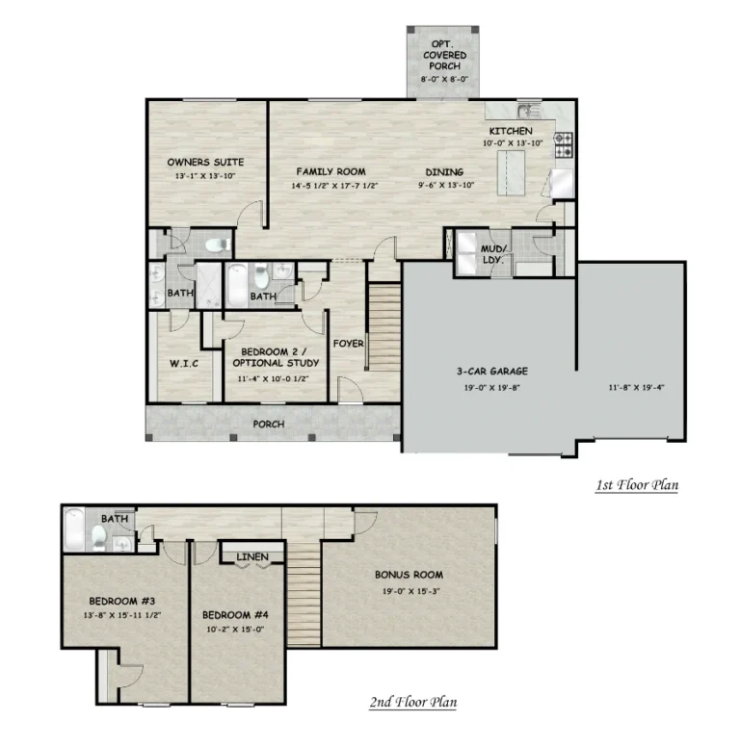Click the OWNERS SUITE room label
click(204, 162)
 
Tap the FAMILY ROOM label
click(330, 170)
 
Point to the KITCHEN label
click(510, 131)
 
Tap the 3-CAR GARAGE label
click(491, 371)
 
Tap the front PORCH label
click(268, 424)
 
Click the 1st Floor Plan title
click(636, 484)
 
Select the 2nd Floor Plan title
click(412, 703)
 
